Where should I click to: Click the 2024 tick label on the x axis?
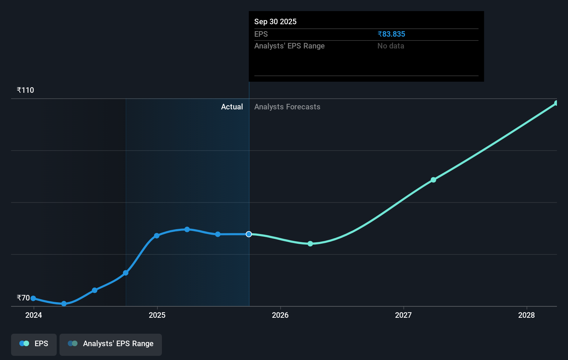(x=34, y=315)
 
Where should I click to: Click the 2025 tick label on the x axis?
(x=157, y=315)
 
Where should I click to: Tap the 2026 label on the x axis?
(x=280, y=315)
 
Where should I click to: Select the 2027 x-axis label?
(x=403, y=315)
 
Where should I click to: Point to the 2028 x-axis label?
(x=526, y=315)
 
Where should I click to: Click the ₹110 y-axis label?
(x=25, y=90)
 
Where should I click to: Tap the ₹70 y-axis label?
(x=23, y=298)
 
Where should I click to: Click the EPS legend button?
(x=34, y=344)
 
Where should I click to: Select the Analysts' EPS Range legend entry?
(x=111, y=344)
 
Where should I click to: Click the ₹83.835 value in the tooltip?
(x=391, y=34)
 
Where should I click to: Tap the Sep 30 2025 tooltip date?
(x=275, y=21)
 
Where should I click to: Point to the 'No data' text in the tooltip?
(x=391, y=46)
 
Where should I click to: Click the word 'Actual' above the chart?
(x=232, y=107)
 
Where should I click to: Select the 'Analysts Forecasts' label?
(x=287, y=107)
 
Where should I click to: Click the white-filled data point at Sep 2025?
(x=249, y=234)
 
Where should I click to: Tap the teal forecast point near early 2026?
(x=310, y=244)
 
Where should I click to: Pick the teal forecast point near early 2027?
(x=433, y=180)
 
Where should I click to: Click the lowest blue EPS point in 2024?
(x=64, y=304)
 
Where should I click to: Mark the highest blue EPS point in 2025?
(x=187, y=229)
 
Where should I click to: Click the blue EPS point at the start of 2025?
(x=157, y=236)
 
